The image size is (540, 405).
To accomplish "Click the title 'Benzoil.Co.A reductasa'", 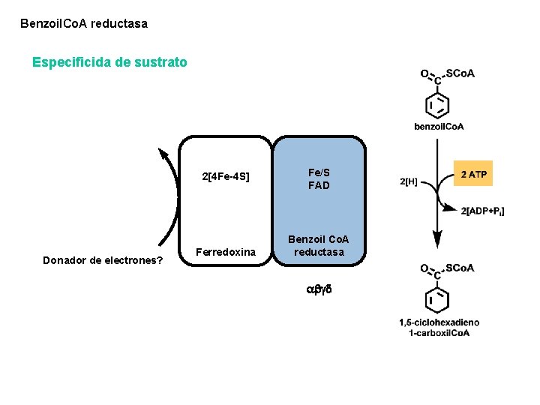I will pos(84,24).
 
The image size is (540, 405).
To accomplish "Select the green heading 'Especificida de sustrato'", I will pos(109,62).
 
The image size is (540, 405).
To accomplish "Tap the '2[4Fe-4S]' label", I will pos(226,178).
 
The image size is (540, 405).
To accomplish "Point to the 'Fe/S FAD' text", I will pos(319,179).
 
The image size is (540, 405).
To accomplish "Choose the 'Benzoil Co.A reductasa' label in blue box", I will pos(319,246).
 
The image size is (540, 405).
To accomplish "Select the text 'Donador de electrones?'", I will pos(103,261).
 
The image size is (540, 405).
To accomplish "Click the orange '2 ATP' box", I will pos(473,175).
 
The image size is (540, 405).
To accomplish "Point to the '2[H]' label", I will pos(409,181).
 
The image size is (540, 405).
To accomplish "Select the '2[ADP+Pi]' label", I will pos(482,211).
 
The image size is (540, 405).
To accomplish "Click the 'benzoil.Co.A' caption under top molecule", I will pos(439,126).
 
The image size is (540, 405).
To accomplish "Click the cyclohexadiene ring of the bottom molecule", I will pos(438,300).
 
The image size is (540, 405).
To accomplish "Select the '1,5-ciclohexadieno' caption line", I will pos(439,322).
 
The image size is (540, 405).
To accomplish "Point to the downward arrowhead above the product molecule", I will pos(437,241).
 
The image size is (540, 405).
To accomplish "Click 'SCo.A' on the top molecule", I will pos(460,73).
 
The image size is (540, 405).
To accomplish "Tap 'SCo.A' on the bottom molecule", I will pos(460,268).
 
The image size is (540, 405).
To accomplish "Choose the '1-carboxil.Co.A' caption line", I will pos(439,332).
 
